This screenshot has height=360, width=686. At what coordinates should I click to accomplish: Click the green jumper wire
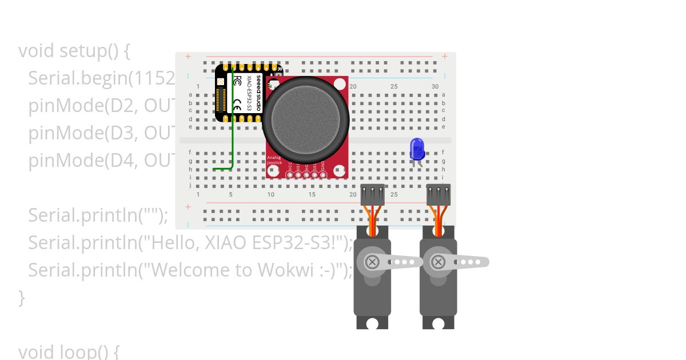[232, 143]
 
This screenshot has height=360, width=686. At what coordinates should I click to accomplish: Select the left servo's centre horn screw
[372, 262]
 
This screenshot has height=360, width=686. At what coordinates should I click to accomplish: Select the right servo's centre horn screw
[438, 262]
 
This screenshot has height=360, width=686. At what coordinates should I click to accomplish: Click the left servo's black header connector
[373, 195]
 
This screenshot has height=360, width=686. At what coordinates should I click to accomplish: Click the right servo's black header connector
[438, 195]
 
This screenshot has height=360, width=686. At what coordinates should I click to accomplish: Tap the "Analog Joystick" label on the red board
[275, 160]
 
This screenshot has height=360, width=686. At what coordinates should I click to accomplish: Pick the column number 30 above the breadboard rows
[435, 87]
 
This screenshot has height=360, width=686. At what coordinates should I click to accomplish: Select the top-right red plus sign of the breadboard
[445, 57]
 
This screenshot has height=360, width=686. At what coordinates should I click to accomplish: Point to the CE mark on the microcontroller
[237, 105]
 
